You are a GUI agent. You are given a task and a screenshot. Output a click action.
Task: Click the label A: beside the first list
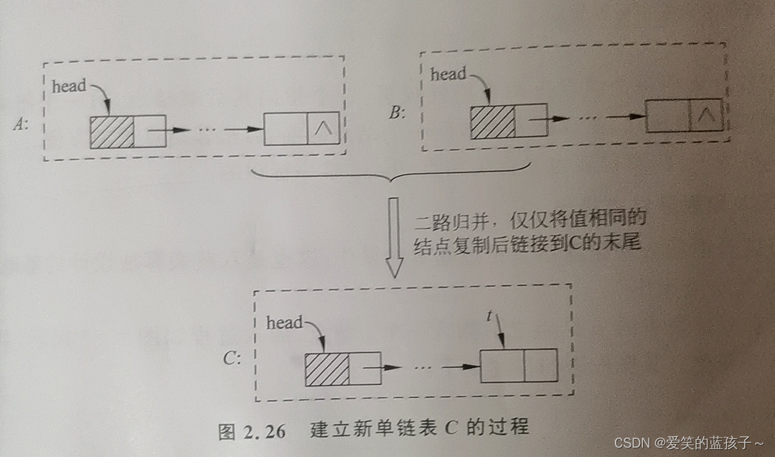point(20,124)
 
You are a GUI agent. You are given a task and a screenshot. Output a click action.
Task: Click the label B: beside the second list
point(396,112)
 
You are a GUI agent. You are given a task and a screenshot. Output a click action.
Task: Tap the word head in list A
point(69,86)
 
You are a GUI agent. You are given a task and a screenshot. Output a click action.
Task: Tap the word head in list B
point(448,73)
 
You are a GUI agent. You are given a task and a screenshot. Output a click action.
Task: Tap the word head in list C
point(284,323)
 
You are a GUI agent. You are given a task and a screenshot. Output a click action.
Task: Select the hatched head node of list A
point(112,131)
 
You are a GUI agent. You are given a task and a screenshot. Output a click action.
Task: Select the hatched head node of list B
point(492,120)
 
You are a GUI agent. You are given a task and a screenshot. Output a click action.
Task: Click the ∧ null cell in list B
point(705,115)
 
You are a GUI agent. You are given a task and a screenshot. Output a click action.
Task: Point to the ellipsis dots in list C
point(423,366)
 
